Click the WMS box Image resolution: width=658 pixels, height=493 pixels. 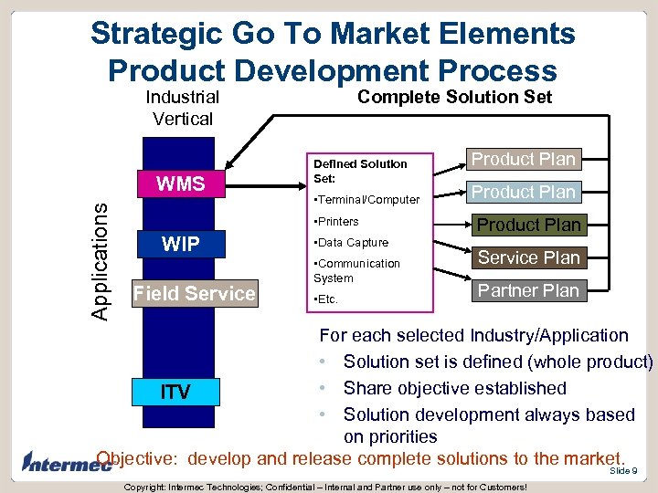tap(181, 184)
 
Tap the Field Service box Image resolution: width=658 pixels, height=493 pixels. tap(194, 293)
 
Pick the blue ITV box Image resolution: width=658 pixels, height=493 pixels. tap(175, 392)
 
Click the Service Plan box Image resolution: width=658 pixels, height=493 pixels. tap(528, 257)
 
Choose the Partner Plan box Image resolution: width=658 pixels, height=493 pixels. tap(528, 290)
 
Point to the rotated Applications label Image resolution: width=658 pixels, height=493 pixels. tap(102, 259)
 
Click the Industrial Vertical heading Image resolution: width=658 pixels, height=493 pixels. tap(183, 108)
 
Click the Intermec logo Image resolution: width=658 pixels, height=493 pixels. tap(57, 462)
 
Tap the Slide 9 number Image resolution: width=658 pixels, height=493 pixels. tap(622, 471)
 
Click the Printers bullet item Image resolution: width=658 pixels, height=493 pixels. tap(336, 221)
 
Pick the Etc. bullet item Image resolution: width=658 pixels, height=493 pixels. tap(325, 299)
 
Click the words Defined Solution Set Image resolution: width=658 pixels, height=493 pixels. tap(360, 171)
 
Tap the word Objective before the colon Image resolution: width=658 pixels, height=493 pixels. tap(137, 457)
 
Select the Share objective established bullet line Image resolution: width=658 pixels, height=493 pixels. tap(454, 388)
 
